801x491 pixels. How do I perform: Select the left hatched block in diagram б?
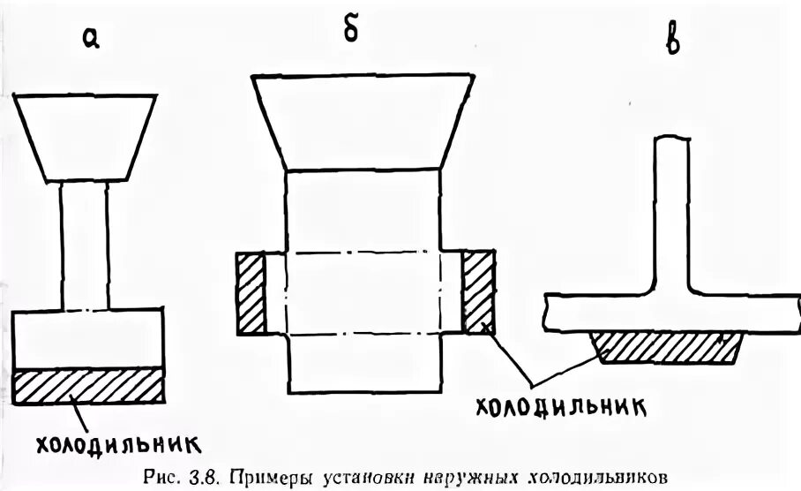tap(251, 293)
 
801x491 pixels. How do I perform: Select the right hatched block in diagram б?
tap(477, 293)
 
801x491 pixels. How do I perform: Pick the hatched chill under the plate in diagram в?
tap(667, 347)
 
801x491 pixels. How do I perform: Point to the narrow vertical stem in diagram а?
tap(85, 245)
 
